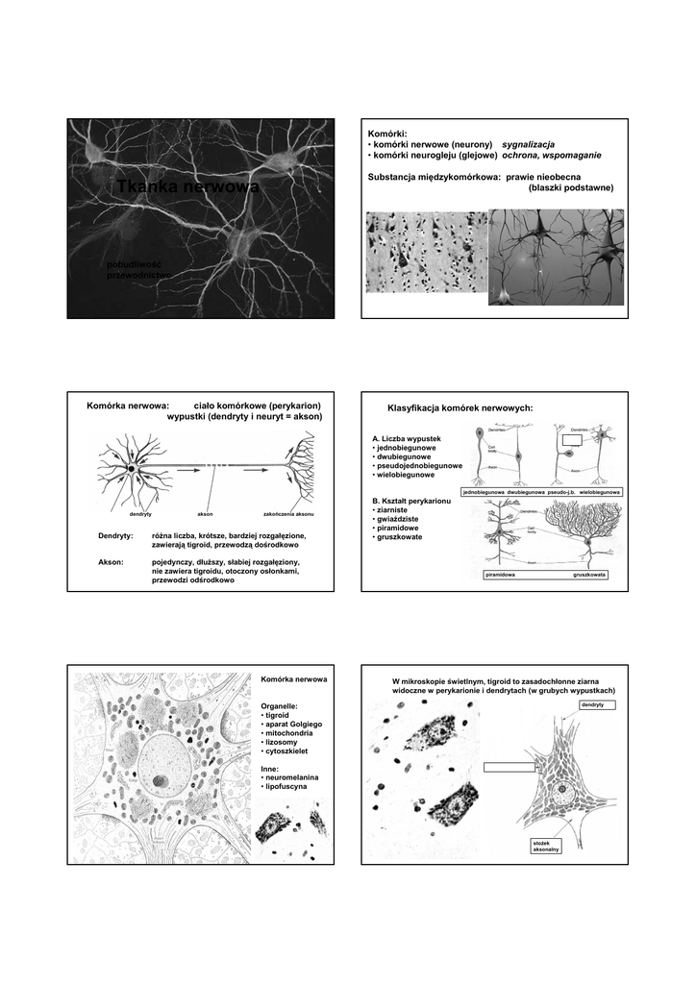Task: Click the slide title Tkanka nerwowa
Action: point(188,187)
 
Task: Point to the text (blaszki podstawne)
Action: point(570,187)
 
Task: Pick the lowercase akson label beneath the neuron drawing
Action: point(204,514)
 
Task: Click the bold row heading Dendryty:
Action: point(116,535)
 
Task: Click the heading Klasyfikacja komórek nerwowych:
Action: point(459,408)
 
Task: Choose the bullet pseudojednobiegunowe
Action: point(418,466)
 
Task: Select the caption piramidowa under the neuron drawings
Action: point(501,575)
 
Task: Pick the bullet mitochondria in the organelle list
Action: point(292,733)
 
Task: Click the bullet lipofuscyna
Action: point(287,787)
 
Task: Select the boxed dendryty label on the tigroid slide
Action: point(591,705)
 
